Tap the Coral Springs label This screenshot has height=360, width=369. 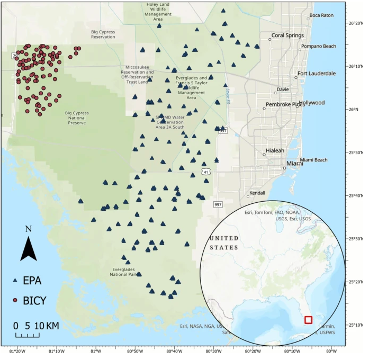[287, 35]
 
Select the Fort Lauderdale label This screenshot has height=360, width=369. [317, 73]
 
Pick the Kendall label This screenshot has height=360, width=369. [257, 193]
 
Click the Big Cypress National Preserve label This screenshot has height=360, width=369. [77, 118]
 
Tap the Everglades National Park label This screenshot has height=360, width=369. [124, 272]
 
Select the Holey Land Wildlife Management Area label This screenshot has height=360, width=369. [158, 11]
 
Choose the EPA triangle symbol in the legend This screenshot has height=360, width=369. [15, 281]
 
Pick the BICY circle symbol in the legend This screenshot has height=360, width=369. [15, 301]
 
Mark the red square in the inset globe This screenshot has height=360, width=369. [308, 319]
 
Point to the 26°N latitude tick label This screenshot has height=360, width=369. [355, 110]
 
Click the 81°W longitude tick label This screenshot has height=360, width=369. [95, 350]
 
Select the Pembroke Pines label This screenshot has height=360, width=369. [284, 105]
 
